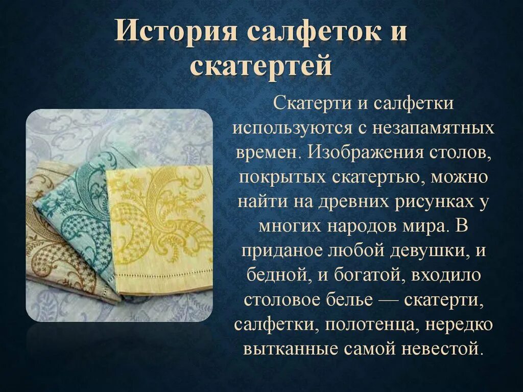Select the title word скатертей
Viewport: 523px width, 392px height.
pyautogui.click(x=261, y=67)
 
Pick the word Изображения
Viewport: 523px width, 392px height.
pyautogui.click(x=364, y=153)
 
